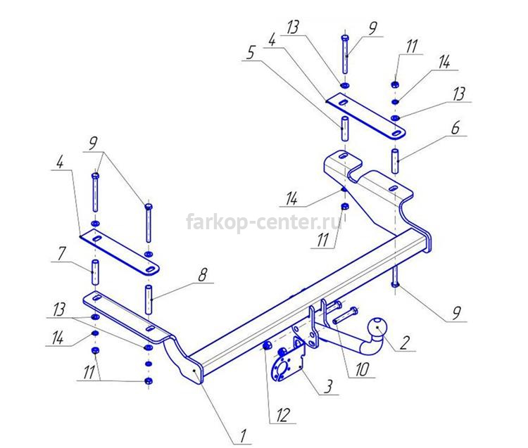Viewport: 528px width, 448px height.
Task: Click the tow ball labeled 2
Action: pos(378,327)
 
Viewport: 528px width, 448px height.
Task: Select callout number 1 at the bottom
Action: pos(243,436)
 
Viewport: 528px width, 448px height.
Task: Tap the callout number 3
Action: pos(328,386)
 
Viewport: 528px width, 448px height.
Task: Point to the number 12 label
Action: pos(282,416)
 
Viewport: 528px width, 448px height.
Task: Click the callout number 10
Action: pos(362,370)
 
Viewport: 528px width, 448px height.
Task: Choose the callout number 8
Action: pos(202,275)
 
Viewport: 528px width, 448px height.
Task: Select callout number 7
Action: pos(61,253)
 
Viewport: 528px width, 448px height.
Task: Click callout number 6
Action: pos(455,128)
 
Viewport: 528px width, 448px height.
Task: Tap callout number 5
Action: pos(250,53)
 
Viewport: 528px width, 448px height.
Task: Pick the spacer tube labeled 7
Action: pos(96,271)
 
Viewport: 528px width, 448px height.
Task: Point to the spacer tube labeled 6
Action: pos(396,161)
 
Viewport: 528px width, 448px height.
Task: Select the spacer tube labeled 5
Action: pos(345,129)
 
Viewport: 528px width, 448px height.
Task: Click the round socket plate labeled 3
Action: pos(283,366)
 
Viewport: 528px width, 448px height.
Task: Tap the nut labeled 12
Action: pos(267,345)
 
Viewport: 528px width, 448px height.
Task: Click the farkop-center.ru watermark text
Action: pos(264,222)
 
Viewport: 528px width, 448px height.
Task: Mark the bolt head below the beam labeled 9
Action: pos(396,285)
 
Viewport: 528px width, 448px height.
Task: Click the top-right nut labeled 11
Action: pos(396,84)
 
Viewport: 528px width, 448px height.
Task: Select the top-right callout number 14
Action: pos(444,63)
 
